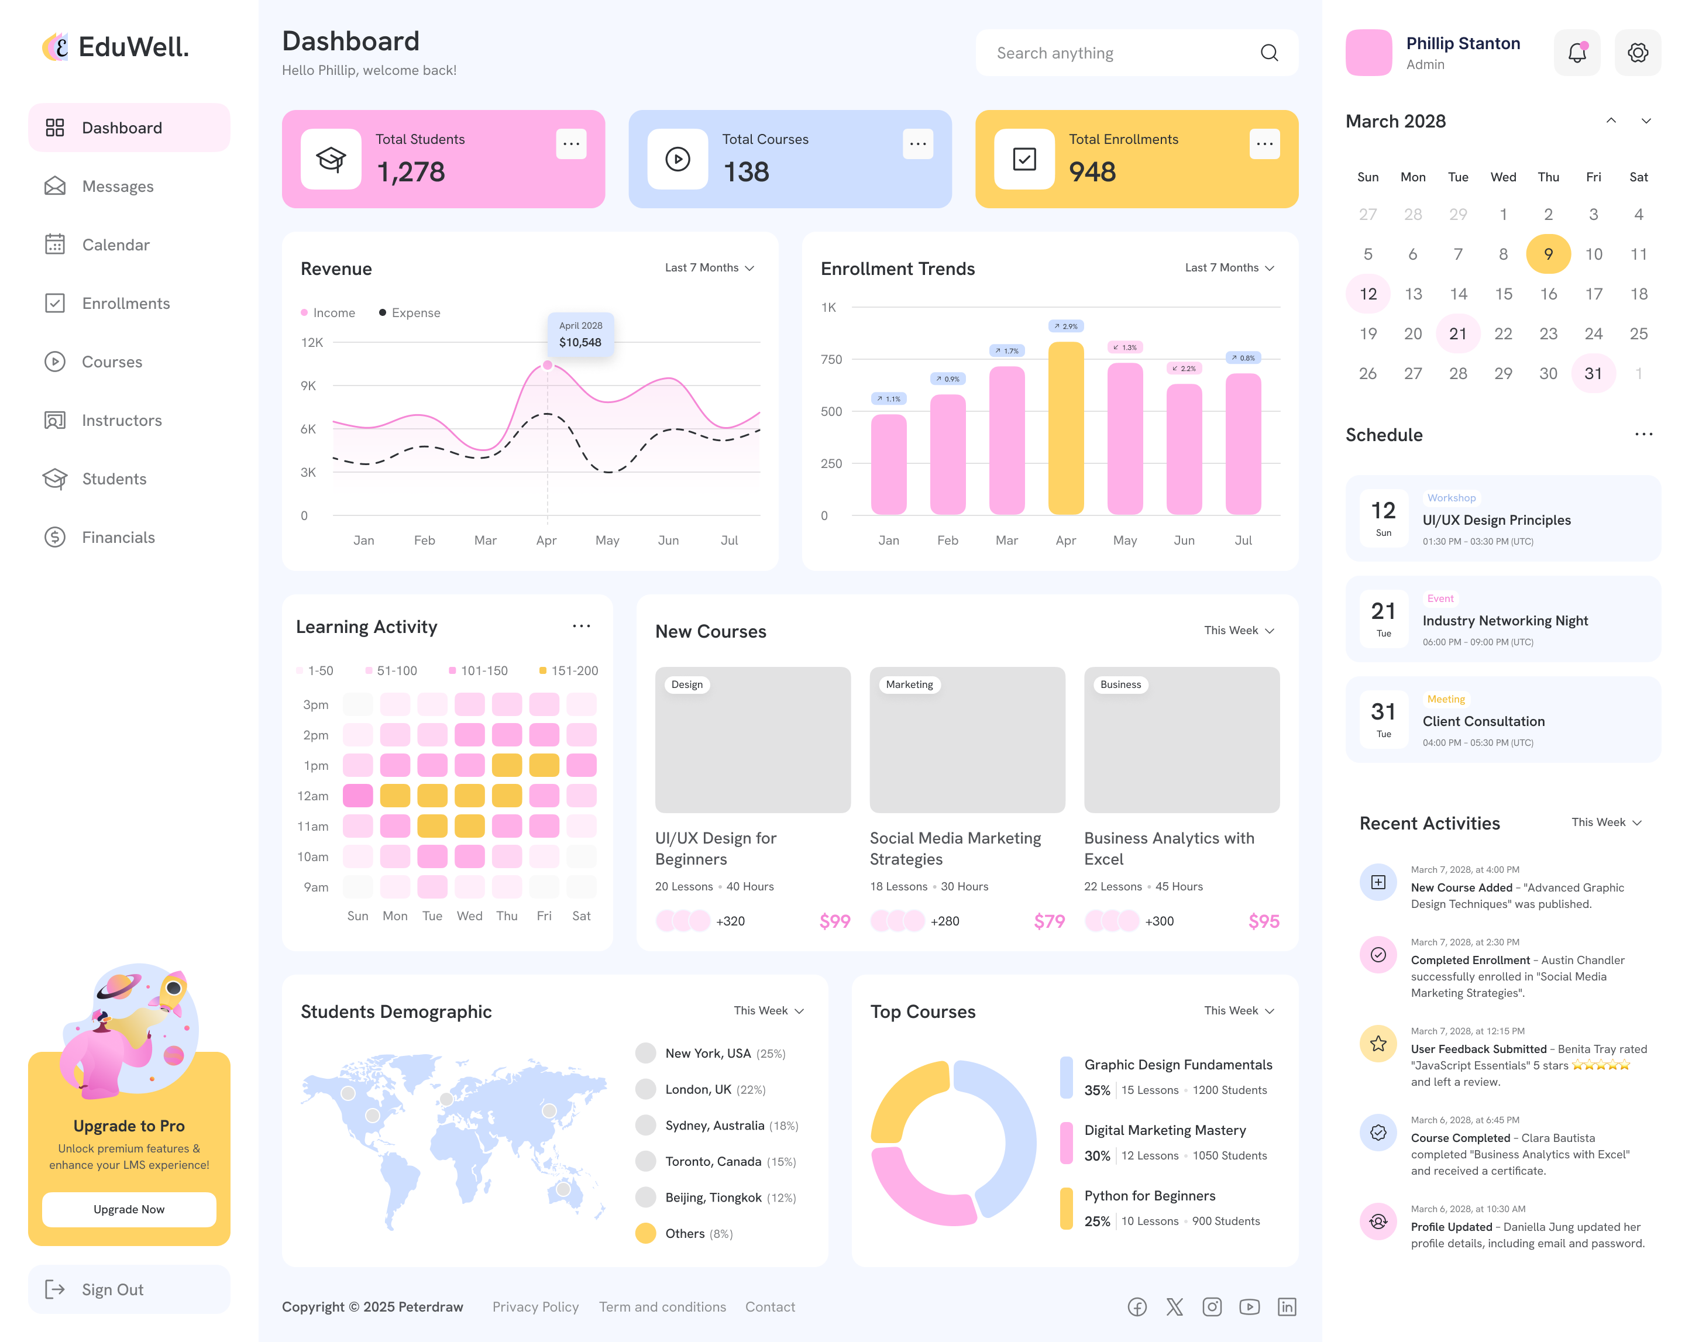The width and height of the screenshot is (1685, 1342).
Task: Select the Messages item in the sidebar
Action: [117, 187]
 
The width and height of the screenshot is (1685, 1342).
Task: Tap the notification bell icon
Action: [1576, 53]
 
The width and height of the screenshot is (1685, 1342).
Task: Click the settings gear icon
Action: [1638, 53]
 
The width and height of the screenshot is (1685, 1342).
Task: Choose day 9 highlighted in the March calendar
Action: [1548, 254]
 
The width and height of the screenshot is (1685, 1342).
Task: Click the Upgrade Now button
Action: [129, 1209]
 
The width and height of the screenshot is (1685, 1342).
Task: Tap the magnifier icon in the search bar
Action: [1269, 53]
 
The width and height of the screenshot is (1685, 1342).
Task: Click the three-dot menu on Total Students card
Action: [571, 144]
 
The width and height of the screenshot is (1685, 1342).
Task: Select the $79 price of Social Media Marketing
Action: [1049, 921]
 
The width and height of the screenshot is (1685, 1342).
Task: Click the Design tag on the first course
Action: [687, 684]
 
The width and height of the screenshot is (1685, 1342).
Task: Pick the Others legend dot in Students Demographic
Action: [645, 1233]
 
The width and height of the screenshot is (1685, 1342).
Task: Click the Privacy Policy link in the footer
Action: [535, 1307]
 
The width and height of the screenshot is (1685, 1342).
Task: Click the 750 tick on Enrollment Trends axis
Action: [831, 360]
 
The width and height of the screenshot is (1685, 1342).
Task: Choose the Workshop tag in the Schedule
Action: [1452, 498]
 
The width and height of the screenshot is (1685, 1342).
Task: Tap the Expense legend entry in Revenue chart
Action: [410, 312]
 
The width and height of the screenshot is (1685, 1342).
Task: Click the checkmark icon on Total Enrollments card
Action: [1024, 160]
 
